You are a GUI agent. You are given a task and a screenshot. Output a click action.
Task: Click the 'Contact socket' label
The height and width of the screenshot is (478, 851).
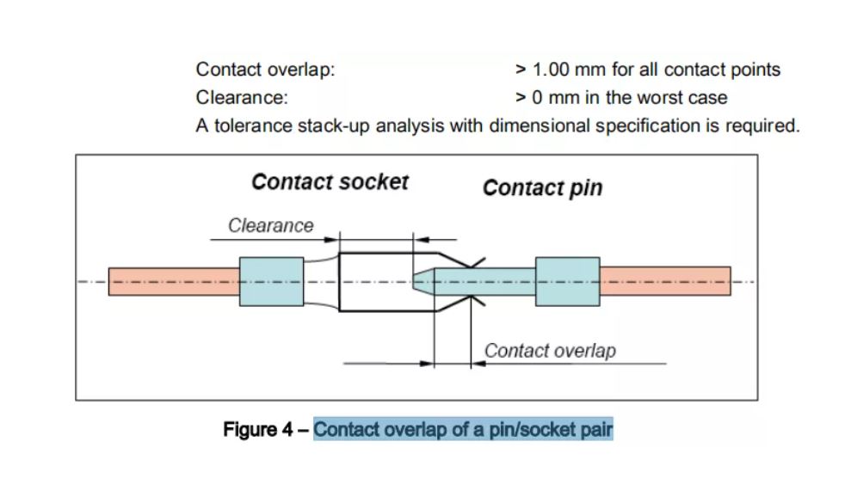coord(330,182)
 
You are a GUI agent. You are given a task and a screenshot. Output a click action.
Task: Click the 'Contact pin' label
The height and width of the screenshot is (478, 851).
coord(542,187)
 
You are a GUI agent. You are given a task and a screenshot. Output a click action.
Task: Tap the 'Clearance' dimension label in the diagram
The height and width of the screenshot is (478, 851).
coord(271,225)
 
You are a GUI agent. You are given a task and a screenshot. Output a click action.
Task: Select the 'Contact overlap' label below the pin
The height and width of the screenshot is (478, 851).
coord(550,351)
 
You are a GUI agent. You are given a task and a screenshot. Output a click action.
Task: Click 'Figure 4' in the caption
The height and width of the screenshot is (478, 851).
coord(258,428)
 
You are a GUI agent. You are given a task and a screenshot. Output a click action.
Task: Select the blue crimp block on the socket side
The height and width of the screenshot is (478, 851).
coord(266,281)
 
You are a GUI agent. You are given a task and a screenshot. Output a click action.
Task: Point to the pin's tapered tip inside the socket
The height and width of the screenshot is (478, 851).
coord(422,281)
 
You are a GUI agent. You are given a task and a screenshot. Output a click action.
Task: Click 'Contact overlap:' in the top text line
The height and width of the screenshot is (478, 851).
coord(265,70)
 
